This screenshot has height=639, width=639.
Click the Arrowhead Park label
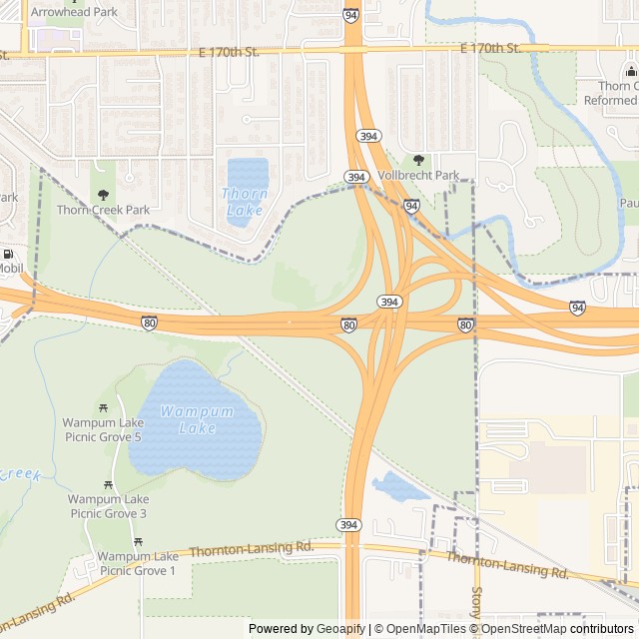point(73,12)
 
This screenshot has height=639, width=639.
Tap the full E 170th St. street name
point(492,48)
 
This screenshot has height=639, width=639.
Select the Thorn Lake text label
point(244,202)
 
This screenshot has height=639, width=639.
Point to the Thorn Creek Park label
point(103,210)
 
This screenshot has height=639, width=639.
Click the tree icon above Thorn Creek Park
point(103,195)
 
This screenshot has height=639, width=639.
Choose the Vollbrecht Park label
point(419,176)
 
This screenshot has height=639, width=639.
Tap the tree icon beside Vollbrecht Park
point(418,160)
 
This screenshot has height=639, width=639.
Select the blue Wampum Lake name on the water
point(197,419)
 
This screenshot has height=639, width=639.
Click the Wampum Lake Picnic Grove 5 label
point(103,429)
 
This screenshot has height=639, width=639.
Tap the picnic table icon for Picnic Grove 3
point(109,486)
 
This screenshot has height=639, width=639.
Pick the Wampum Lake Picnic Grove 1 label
point(138,563)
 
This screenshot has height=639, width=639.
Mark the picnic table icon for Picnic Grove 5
point(104,408)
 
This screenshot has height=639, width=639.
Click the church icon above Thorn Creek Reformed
point(631,71)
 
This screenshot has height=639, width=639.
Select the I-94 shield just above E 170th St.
point(350,16)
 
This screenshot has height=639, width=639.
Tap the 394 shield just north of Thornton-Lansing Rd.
point(348,524)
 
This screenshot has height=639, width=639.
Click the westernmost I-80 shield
point(149,322)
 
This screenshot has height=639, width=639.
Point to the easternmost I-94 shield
point(577,308)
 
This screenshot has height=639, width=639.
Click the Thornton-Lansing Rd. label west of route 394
point(252,549)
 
